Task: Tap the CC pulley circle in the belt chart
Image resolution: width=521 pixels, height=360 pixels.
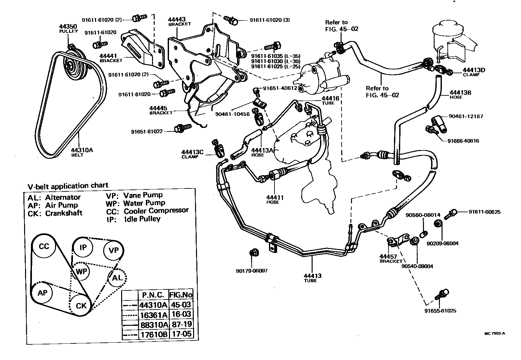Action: click(x=44, y=246)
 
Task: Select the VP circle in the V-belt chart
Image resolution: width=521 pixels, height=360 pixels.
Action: click(x=113, y=250)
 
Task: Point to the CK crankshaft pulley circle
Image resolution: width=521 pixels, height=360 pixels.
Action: click(x=81, y=305)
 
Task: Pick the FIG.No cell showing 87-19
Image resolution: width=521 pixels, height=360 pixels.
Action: click(x=181, y=324)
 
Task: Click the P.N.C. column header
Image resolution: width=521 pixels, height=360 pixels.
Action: click(x=153, y=295)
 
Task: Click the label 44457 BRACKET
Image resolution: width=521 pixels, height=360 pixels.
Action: click(x=391, y=258)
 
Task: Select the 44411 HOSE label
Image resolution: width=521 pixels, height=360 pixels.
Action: click(x=275, y=200)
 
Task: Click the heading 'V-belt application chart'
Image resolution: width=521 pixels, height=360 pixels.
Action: click(x=68, y=186)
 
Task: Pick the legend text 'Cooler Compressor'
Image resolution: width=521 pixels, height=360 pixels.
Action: click(x=156, y=210)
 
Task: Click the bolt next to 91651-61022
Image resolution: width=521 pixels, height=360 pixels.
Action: click(x=179, y=128)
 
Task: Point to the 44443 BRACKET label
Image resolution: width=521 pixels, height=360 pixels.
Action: click(x=179, y=21)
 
